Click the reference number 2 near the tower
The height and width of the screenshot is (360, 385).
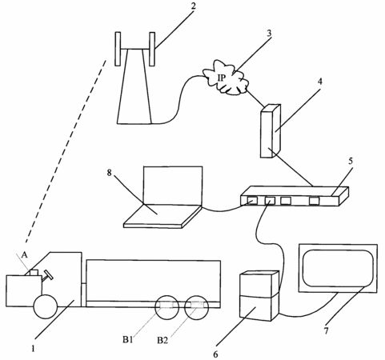[x=193, y=6]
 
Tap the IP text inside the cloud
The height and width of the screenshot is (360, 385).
[x=222, y=78]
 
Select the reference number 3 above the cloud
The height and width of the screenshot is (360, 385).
[x=269, y=34]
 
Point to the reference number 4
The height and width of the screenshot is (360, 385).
[x=320, y=82]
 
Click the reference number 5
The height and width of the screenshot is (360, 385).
[x=351, y=161]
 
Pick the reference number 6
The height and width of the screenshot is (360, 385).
[x=215, y=354]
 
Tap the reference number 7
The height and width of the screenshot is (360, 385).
[x=326, y=331]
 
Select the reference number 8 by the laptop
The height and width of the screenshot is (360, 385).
[x=109, y=173]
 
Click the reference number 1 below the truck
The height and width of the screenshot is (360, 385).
[x=33, y=349]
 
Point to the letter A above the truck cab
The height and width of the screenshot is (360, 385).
[x=24, y=255]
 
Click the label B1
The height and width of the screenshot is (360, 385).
[x=128, y=340]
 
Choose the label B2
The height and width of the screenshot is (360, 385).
[x=162, y=340]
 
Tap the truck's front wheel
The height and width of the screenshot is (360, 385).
[x=46, y=306]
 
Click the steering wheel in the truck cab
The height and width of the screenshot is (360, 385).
[x=48, y=275]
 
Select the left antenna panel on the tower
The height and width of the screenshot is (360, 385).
[x=118, y=49]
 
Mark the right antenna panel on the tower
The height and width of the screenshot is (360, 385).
[x=152, y=49]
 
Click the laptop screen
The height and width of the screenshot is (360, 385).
[x=173, y=186]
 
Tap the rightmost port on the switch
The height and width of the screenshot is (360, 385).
[x=314, y=201]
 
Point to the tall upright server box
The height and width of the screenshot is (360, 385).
[x=271, y=130]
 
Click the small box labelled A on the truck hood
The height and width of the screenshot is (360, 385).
[x=34, y=273]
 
